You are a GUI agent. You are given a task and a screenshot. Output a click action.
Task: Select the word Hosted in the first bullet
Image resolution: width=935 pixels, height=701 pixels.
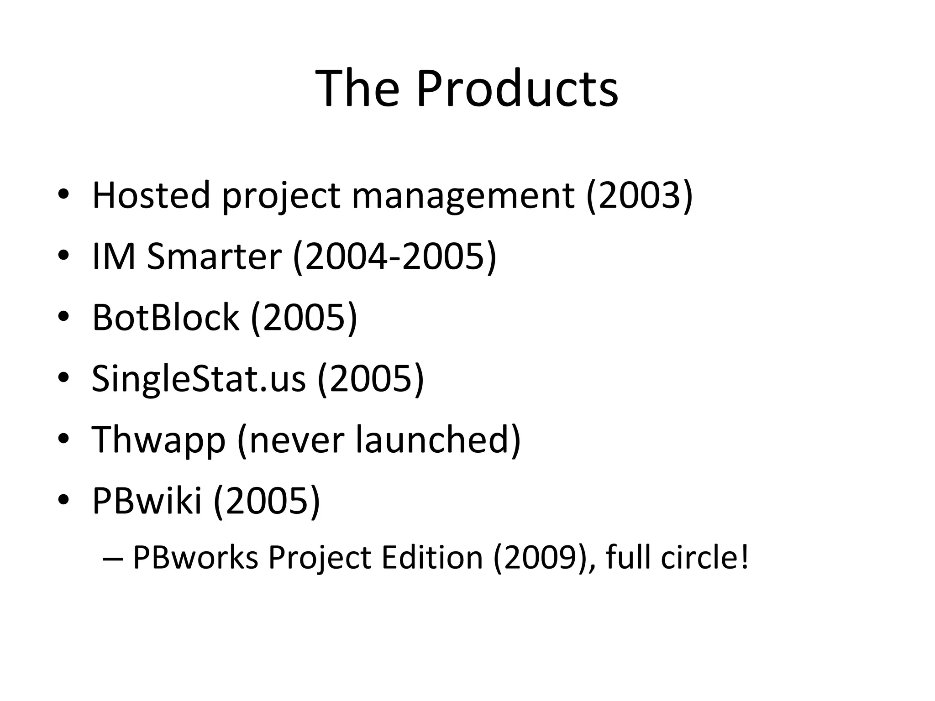(x=151, y=195)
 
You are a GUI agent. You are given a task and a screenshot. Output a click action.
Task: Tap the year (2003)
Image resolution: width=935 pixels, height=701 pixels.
(x=639, y=195)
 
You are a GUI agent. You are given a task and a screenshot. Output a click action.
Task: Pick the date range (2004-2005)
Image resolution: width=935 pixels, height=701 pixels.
(x=394, y=256)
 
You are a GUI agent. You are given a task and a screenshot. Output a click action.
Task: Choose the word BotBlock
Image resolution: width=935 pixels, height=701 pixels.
(x=165, y=317)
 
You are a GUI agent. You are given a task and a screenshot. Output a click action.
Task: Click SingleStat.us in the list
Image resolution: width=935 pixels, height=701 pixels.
(x=199, y=379)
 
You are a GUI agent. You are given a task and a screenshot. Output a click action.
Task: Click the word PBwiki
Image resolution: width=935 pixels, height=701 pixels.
(x=147, y=501)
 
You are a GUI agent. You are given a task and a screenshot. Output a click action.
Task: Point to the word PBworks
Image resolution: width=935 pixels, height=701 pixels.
(x=196, y=557)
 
